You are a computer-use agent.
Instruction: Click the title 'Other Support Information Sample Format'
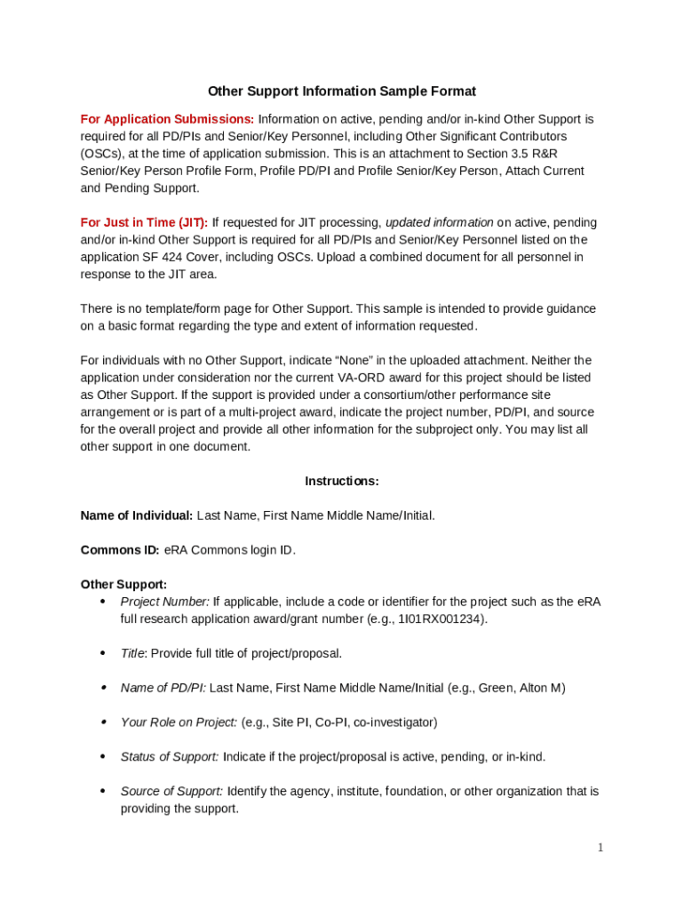pyautogui.click(x=341, y=92)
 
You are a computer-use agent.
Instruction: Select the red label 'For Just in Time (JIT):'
pyautogui.click(x=144, y=222)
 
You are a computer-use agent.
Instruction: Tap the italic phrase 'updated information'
pyautogui.click(x=439, y=222)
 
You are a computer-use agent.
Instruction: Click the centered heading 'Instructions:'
pyautogui.click(x=341, y=481)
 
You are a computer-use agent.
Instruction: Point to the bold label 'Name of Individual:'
pyautogui.click(x=136, y=515)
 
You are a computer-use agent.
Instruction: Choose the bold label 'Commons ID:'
pyautogui.click(x=120, y=550)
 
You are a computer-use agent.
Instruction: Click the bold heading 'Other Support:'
pyautogui.click(x=123, y=585)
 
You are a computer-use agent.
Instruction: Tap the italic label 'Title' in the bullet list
pyautogui.click(x=132, y=653)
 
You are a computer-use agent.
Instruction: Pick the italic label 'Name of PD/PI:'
pyautogui.click(x=163, y=688)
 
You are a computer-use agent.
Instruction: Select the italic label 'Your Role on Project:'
pyautogui.click(x=179, y=722)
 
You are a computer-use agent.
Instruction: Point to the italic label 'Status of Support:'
pyautogui.click(x=170, y=757)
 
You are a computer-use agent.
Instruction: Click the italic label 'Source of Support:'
pyautogui.click(x=171, y=792)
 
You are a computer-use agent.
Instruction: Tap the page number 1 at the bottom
pyautogui.click(x=600, y=848)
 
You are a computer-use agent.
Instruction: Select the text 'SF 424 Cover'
pyautogui.click(x=178, y=257)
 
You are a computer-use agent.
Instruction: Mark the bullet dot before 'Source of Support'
pyautogui.click(x=102, y=791)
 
